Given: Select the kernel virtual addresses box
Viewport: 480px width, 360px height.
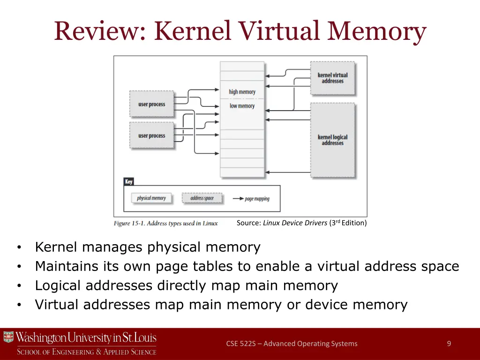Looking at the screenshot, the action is coord(333,78).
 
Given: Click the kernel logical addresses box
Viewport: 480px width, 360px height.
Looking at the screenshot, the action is coord(333,140).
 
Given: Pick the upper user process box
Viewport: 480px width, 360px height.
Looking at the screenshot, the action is coord(151,104).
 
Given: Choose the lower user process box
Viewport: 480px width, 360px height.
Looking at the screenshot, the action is coord(151,135).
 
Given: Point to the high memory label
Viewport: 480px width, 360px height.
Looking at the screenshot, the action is coord(242,92).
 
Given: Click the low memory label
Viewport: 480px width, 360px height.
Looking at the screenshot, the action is coord(242,106).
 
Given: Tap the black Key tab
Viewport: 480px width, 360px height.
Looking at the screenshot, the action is coord(128,181).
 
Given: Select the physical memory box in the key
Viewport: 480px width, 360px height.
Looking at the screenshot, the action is coord(151,198).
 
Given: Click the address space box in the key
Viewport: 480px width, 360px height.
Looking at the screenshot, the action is coord(202,198).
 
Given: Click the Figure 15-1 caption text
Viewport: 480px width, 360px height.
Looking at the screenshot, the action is coord(165,223).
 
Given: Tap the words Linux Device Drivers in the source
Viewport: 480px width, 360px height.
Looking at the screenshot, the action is coord(295,223).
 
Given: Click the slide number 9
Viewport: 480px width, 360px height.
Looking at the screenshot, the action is coord(449,344).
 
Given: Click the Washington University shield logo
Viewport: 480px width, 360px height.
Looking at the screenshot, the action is coord(8,337).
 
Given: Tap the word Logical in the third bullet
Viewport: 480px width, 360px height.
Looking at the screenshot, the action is coord(60,285).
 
